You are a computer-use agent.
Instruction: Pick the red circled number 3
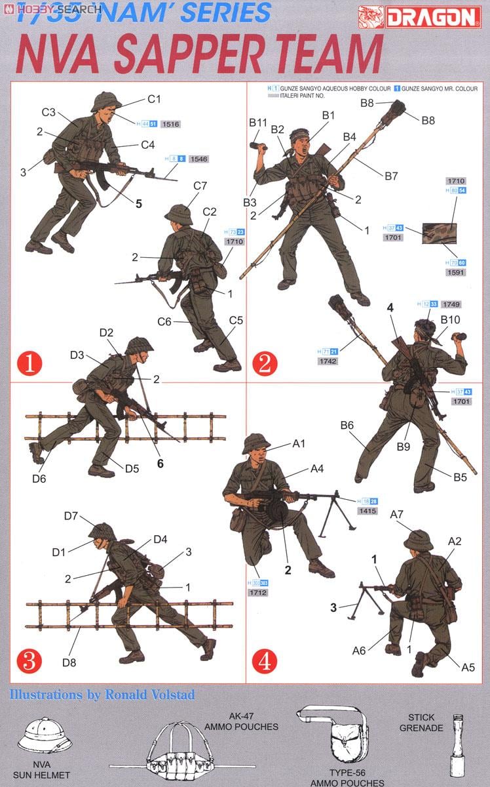point(29,660)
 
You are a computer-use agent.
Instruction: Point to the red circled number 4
point(263,660)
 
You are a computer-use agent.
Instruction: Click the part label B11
point(258,122)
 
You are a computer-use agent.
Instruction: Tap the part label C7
point(200,186)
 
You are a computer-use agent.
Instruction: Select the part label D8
point(69,662)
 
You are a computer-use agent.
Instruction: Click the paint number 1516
point(170,123)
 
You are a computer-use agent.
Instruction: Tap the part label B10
point(450,319)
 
